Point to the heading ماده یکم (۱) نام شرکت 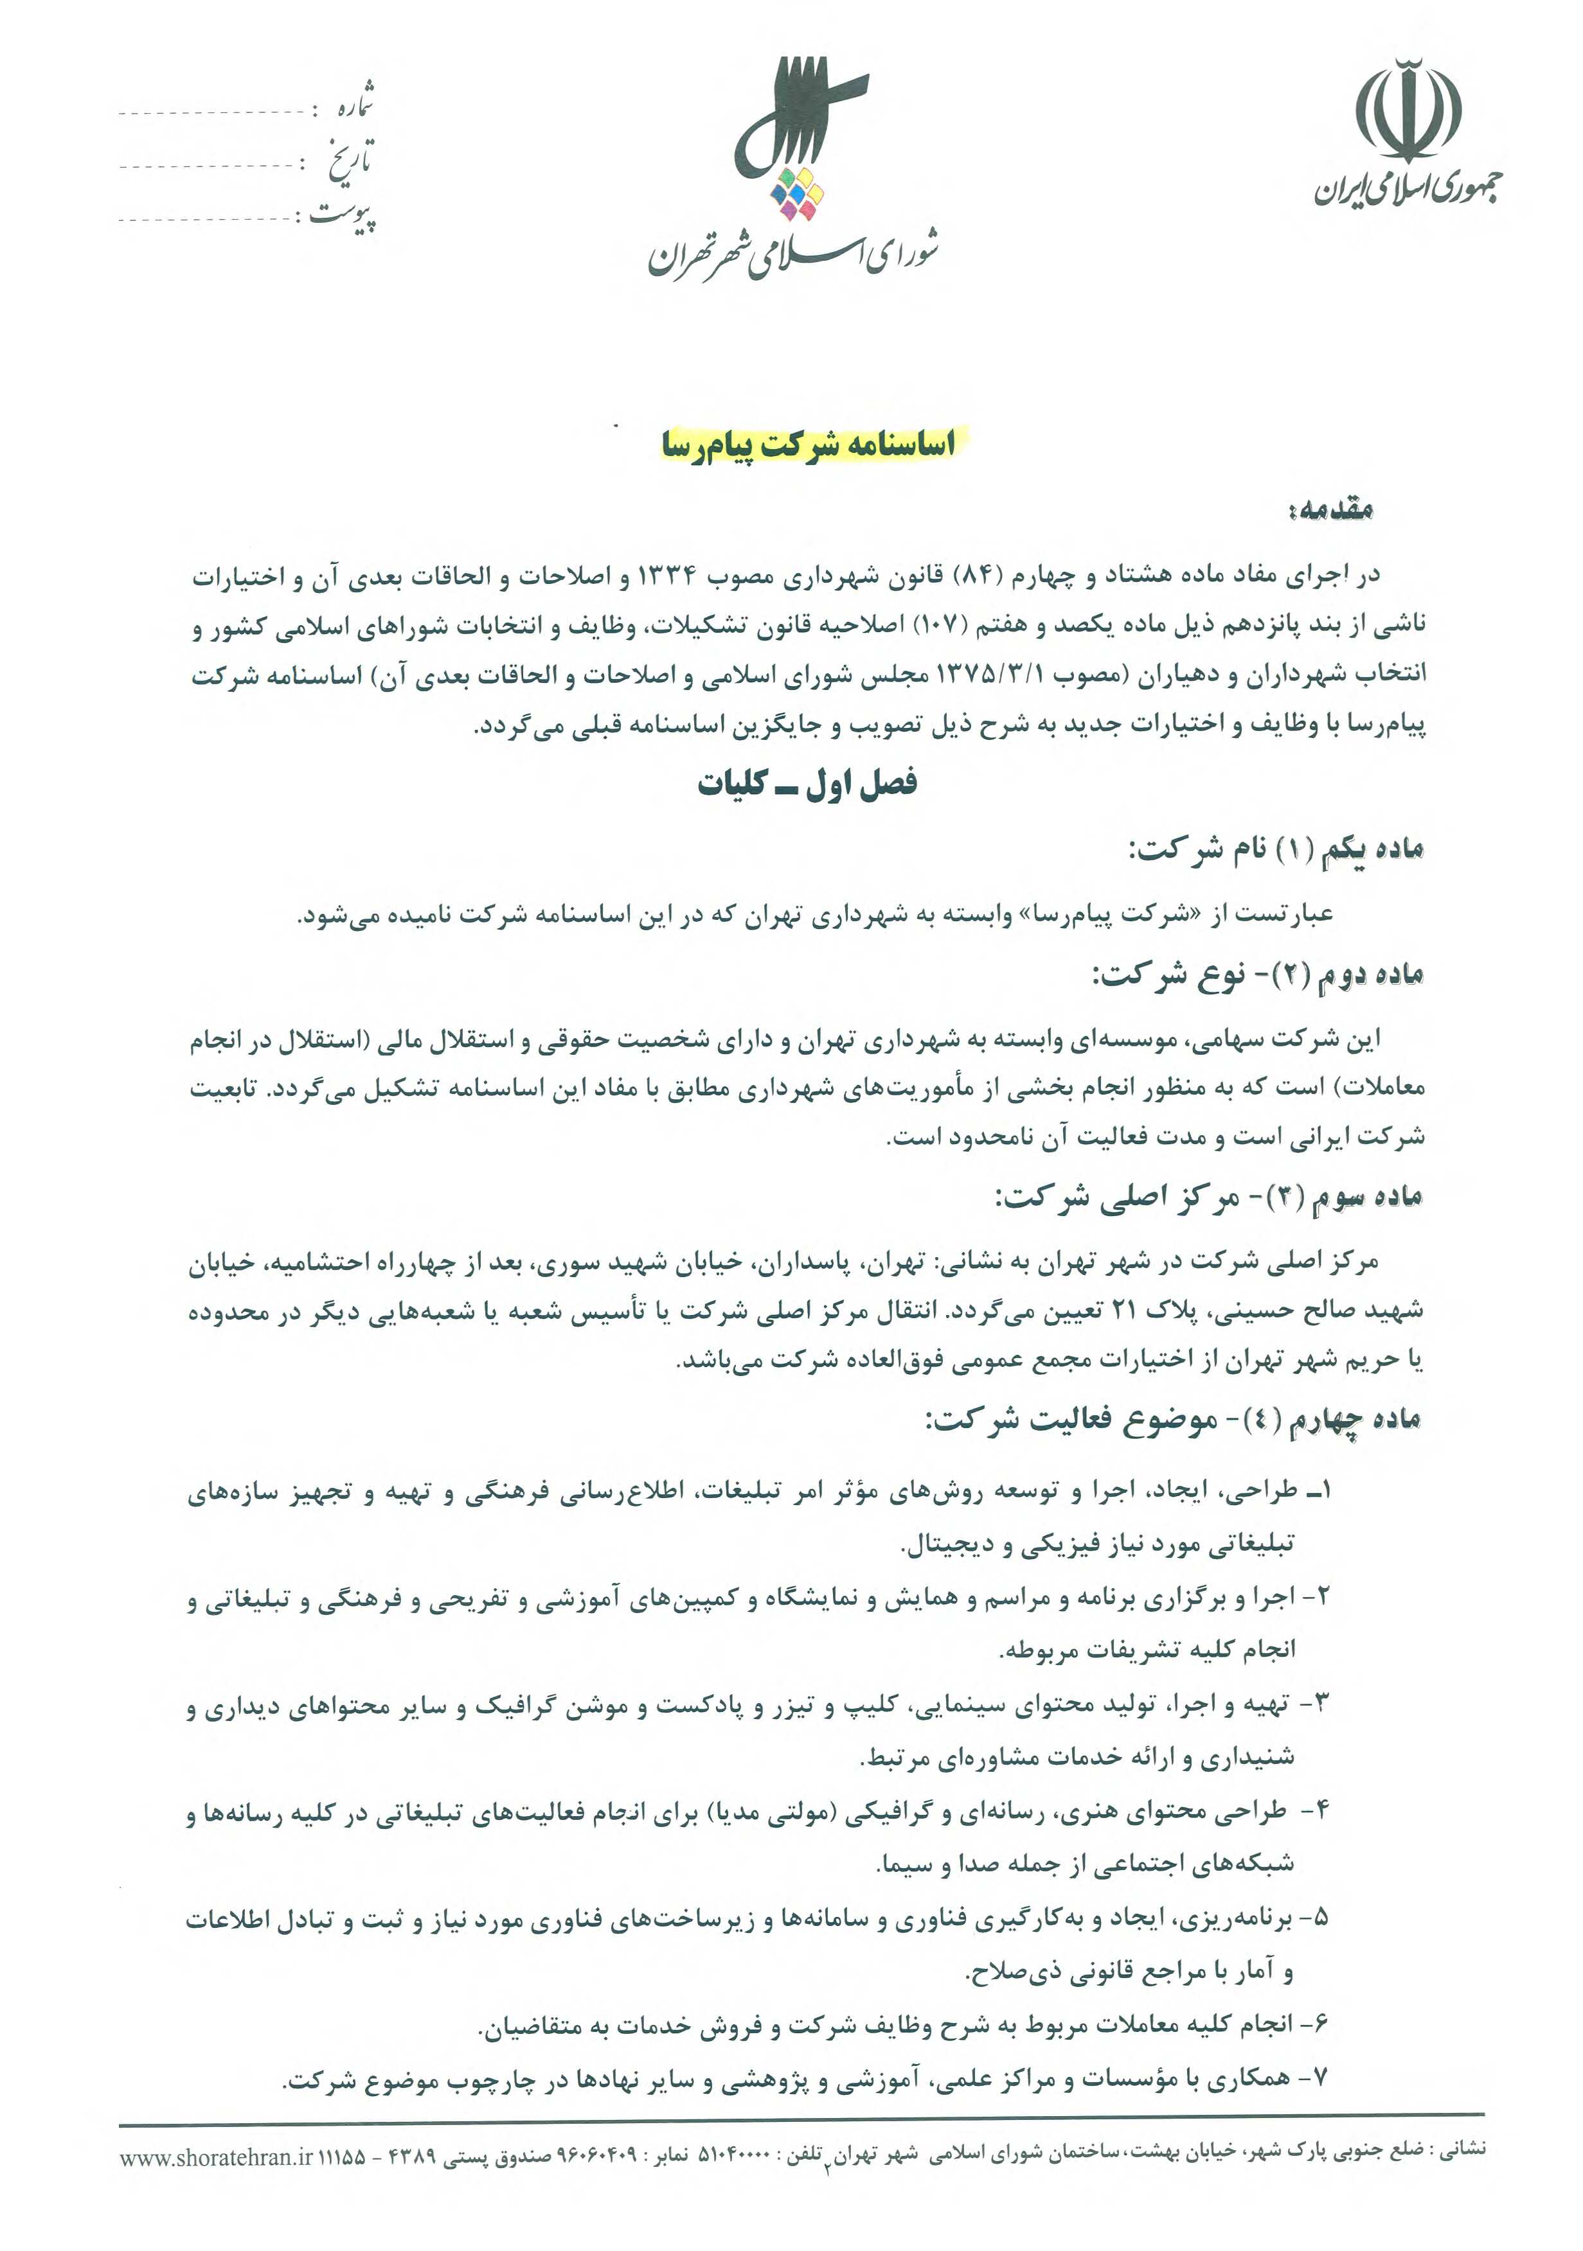[x=1275, y=849]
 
